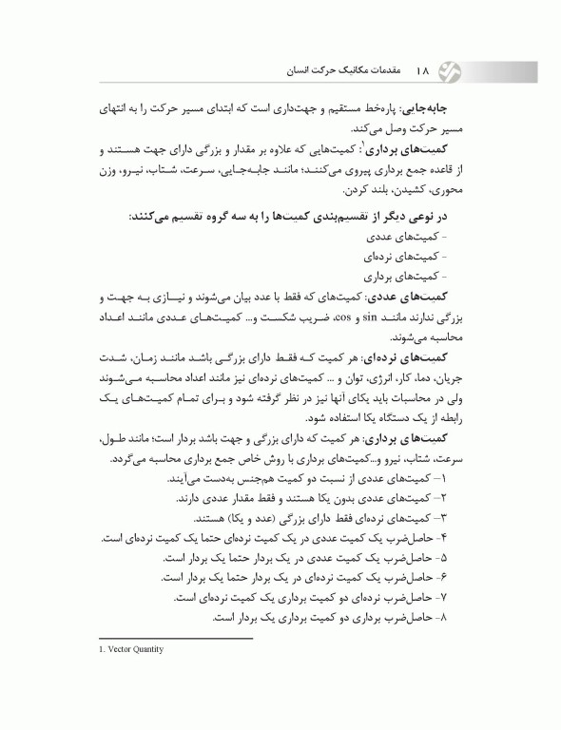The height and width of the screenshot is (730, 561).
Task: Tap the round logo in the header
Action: coord(460,69)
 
